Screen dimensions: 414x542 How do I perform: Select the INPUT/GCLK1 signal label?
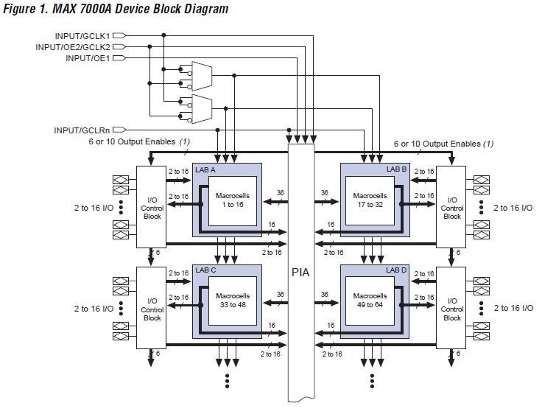pos(82,36)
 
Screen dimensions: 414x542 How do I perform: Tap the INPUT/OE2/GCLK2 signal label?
pos(73,47)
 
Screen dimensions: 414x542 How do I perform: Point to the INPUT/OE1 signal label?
pos(88,58)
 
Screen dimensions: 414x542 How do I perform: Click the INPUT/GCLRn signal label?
pos(82,130)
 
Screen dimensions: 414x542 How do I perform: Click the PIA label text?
pos(300,273)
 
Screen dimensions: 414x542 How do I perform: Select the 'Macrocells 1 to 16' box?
pos(230,200)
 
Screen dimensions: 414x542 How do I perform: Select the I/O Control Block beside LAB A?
pos(152,208)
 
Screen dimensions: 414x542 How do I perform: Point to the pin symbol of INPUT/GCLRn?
pos(117,130)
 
